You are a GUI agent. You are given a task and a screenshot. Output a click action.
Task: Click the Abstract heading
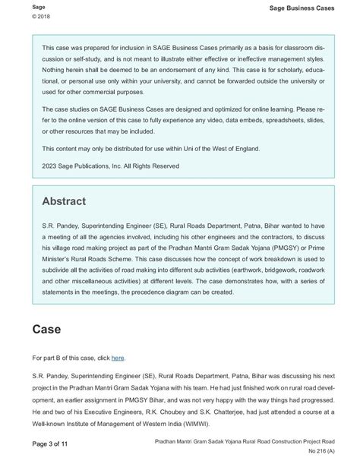coord(64,201)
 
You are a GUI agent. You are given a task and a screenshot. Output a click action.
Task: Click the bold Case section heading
coord(47,330)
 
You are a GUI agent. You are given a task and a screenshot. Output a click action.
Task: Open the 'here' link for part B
coord(118,357)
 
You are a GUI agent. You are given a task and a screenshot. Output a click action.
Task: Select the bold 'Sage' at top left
coord(17,6)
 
